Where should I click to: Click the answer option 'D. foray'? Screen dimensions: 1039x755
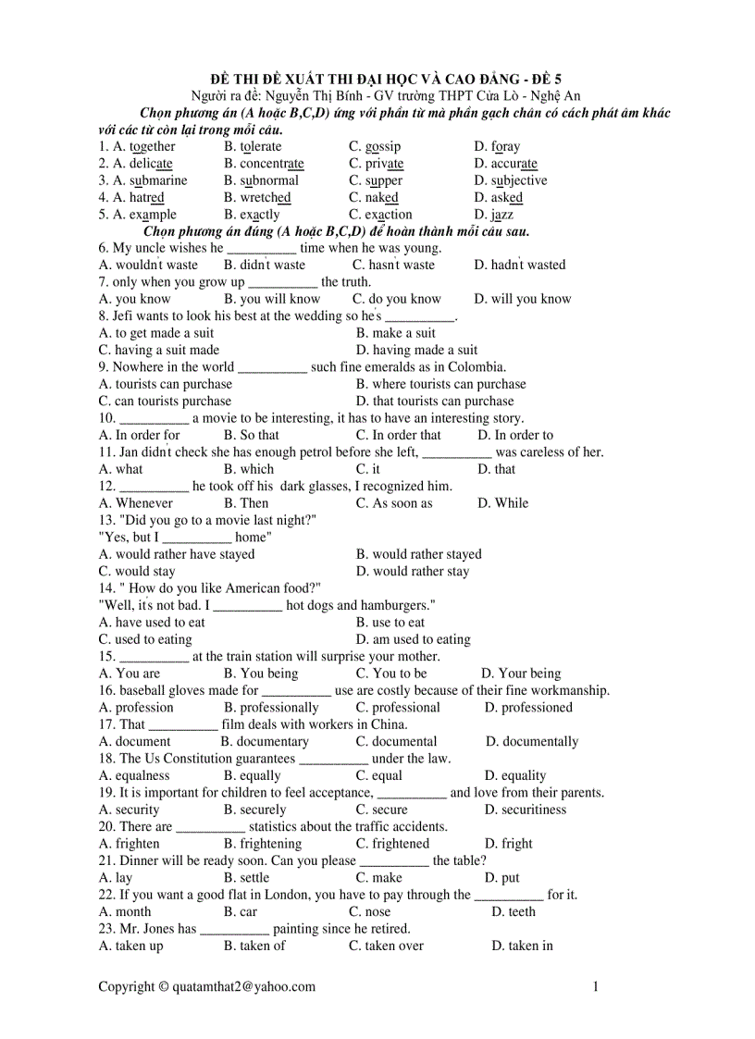497,146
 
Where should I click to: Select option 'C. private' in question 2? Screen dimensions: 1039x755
376,164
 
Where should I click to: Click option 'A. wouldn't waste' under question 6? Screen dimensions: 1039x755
148,265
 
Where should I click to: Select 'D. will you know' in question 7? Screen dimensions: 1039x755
523,299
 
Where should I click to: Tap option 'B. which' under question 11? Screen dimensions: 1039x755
249,469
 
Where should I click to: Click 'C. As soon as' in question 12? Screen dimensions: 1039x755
394,503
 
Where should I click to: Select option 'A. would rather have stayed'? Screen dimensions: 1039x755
177,554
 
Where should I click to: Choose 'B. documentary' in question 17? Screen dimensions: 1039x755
265,741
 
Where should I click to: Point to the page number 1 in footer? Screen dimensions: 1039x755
596,986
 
